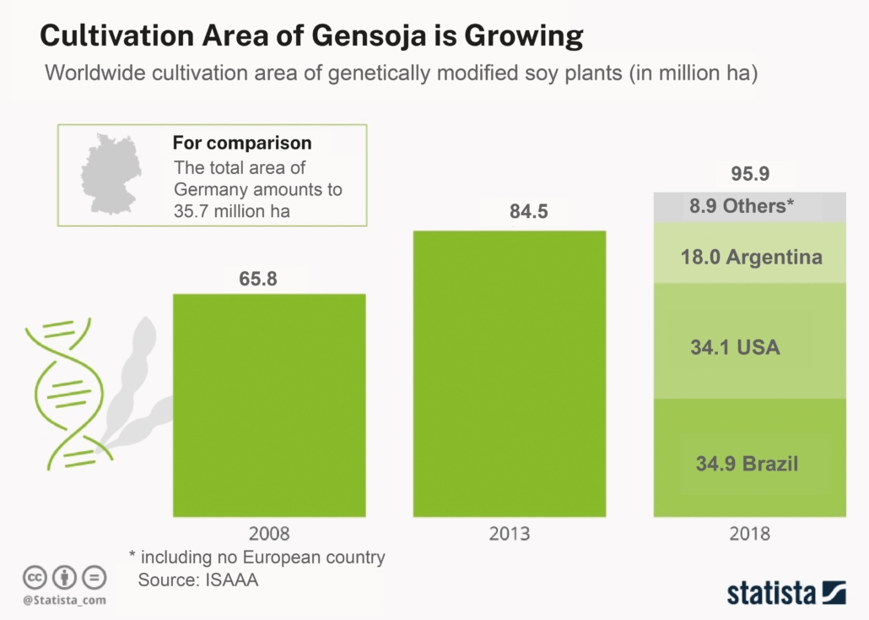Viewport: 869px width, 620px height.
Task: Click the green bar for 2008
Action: [269, 405]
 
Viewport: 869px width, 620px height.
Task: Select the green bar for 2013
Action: [509, 373]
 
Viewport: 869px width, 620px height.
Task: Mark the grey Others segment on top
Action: [750, 206]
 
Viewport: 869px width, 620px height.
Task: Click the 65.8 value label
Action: [258, 278]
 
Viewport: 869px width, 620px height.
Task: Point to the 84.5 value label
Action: [529, 212]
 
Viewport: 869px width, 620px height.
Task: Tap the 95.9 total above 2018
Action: [750, 177]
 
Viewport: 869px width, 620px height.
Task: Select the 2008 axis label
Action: [269, 534]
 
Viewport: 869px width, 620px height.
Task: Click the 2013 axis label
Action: [509, 534]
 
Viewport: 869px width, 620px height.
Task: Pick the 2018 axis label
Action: [750, 534]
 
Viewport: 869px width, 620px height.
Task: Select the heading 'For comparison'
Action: [241, 143]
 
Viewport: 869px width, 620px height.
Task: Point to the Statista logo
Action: [785, 591]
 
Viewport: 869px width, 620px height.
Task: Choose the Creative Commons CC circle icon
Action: [34, 578]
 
